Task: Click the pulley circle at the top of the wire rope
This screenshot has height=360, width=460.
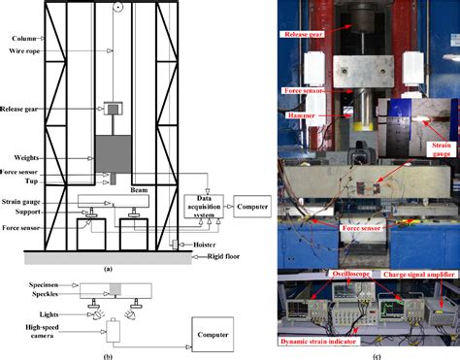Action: (117, 7)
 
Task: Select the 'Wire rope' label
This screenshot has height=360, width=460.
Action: (24, 50)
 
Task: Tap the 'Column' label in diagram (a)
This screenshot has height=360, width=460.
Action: (24, 39)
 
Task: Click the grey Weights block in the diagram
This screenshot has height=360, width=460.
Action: (114, 154)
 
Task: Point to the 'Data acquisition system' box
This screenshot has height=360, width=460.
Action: (204, 207)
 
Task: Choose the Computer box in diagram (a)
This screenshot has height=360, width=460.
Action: (252, 207)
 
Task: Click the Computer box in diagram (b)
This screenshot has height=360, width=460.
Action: (213, 335)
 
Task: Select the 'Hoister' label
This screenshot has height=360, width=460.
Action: (205, 245)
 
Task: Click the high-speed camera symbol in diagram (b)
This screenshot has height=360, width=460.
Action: (113, 330)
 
